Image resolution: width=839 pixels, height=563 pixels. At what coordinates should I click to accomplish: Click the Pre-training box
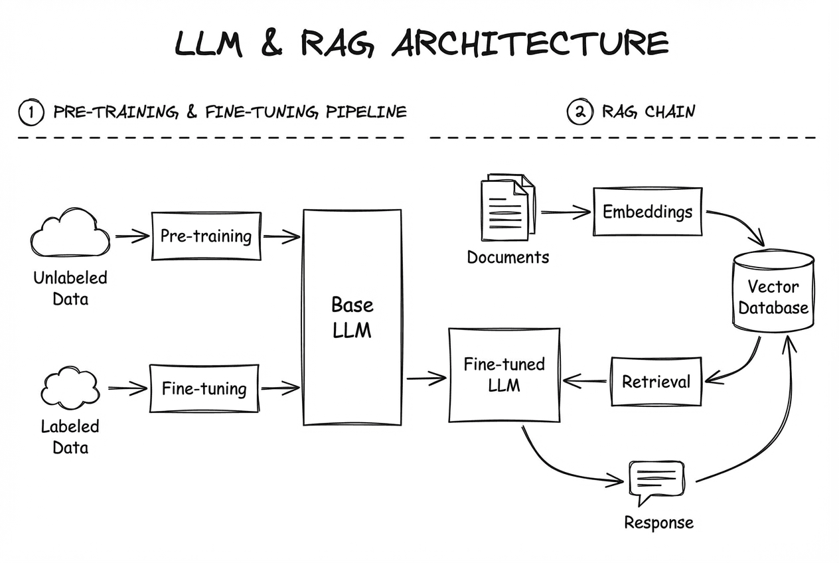(206, 236)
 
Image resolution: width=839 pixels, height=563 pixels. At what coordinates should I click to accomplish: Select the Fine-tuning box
(204, 388)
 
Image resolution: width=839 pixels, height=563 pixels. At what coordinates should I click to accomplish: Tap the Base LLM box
(352, 317)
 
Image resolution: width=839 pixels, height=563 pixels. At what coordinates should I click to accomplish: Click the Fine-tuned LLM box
(504, 374)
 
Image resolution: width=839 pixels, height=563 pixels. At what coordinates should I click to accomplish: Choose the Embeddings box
(647, 212)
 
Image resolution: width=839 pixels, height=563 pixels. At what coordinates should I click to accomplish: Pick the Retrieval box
(656, 382)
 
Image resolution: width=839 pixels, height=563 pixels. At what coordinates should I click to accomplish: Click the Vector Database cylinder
(773, 292)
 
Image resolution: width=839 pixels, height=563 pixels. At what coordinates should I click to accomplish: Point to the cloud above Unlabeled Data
(70, 234)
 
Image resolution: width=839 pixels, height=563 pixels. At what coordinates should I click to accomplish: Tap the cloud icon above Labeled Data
(70, 388)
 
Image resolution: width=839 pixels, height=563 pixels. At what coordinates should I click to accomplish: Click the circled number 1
(31, 112)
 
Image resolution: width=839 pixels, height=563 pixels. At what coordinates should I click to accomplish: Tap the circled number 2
(579, 112)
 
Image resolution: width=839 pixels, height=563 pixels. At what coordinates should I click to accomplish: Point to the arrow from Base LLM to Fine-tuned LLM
(425, 378)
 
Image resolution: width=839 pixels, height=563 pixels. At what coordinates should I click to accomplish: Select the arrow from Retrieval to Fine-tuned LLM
(585, 381)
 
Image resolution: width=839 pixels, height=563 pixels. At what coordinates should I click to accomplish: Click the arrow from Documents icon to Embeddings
(566, 212)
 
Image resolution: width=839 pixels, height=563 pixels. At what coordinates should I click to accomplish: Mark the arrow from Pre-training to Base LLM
(281, 236)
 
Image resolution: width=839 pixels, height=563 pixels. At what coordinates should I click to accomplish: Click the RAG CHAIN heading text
(648, 112)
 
